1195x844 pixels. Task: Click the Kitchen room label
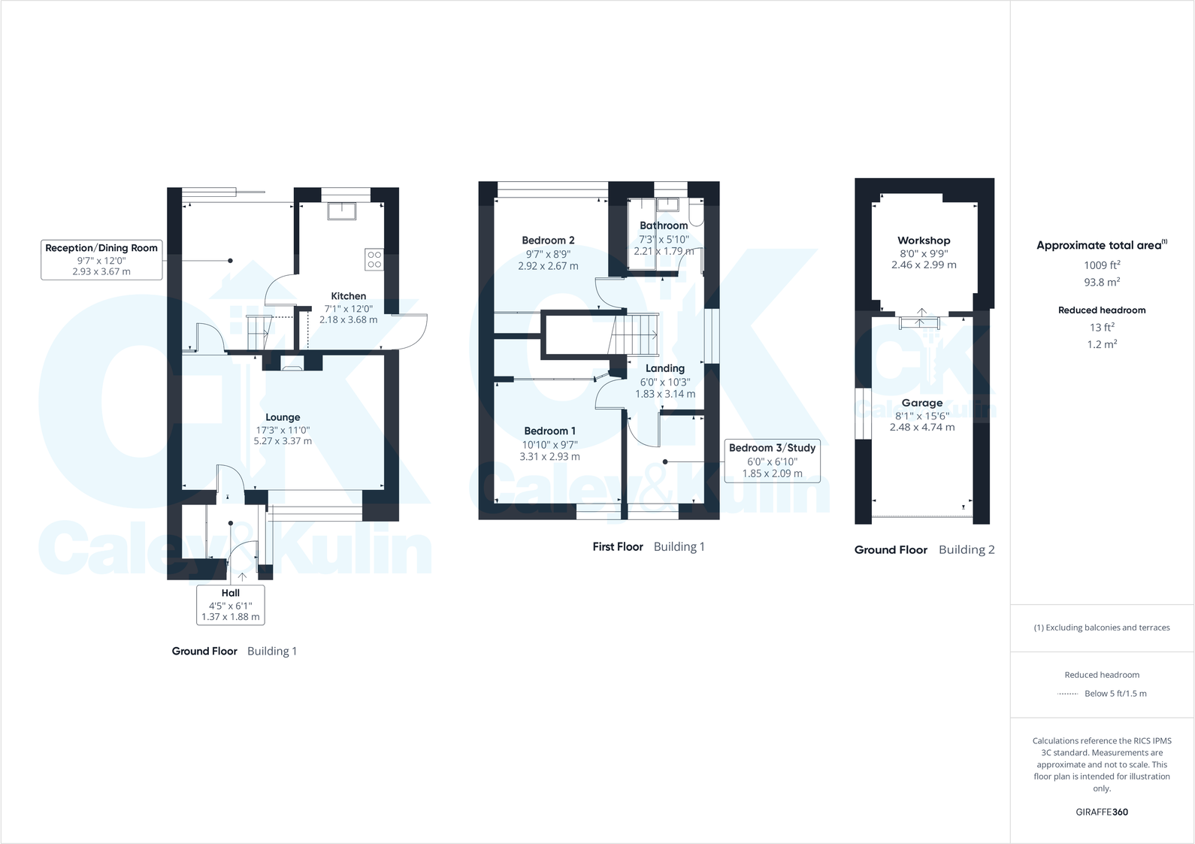(349, 296)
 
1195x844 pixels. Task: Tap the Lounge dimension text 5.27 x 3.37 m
(283, 441)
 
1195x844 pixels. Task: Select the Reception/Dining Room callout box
(101, 260)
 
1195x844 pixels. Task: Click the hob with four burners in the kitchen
(374, 259)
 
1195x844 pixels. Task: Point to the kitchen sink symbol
(342, 211)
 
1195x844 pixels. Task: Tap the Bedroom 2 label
(548, 240)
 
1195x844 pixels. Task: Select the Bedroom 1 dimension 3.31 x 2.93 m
(549, 457)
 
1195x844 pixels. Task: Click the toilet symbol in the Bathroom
(696, 213)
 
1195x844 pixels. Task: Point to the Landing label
(664, 368)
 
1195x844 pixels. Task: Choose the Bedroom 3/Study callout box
(772, 461)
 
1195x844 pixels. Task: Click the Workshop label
(924, 240)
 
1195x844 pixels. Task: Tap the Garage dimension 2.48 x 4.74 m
(922, 428)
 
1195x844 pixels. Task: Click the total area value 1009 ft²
(1102, 265)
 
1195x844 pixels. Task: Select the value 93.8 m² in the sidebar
(1102, 282)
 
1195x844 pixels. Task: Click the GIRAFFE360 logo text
(1102, 812)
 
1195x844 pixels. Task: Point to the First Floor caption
(618, 547)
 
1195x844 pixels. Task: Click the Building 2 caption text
(967, 549)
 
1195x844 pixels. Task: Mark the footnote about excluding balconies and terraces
(1102, 628)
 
